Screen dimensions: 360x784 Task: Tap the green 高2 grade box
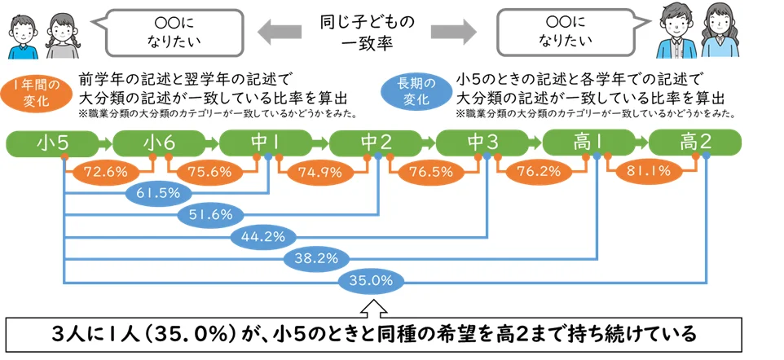695,143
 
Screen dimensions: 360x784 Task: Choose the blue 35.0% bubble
370,280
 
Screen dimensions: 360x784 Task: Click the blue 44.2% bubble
264,237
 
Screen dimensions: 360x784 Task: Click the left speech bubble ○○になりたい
174,32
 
